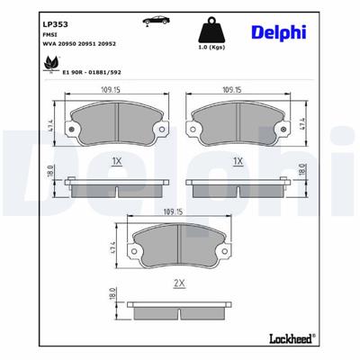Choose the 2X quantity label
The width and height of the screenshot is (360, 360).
click(178, 283)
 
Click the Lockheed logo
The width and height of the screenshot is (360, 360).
click(291, 338)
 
